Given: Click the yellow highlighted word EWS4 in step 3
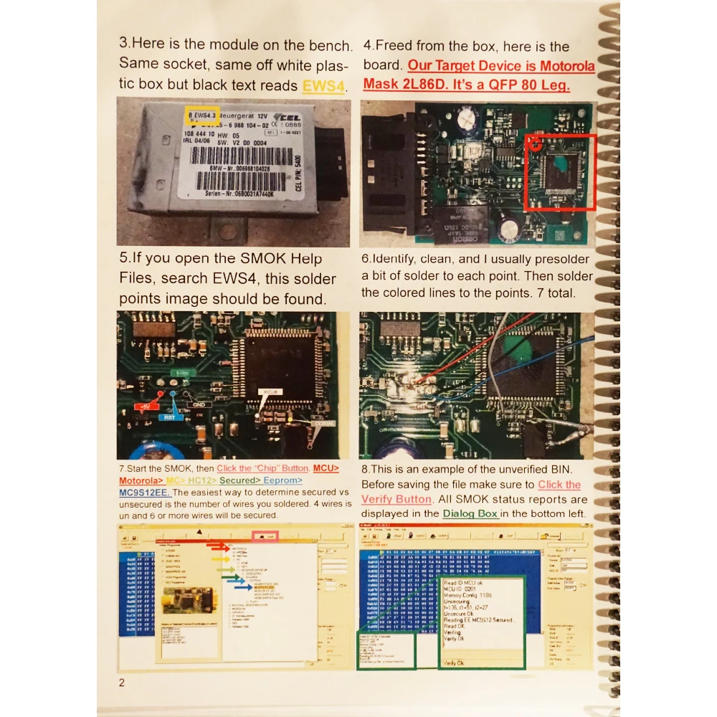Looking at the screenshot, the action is click(323, 86).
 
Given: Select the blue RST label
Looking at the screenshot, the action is click(169, 416).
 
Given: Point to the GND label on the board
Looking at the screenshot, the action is click(196, 404).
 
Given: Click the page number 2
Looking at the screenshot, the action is click(122, 682).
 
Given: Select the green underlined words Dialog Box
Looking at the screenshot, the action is click(470, 513).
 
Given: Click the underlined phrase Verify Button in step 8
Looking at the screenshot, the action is click(397, 499).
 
